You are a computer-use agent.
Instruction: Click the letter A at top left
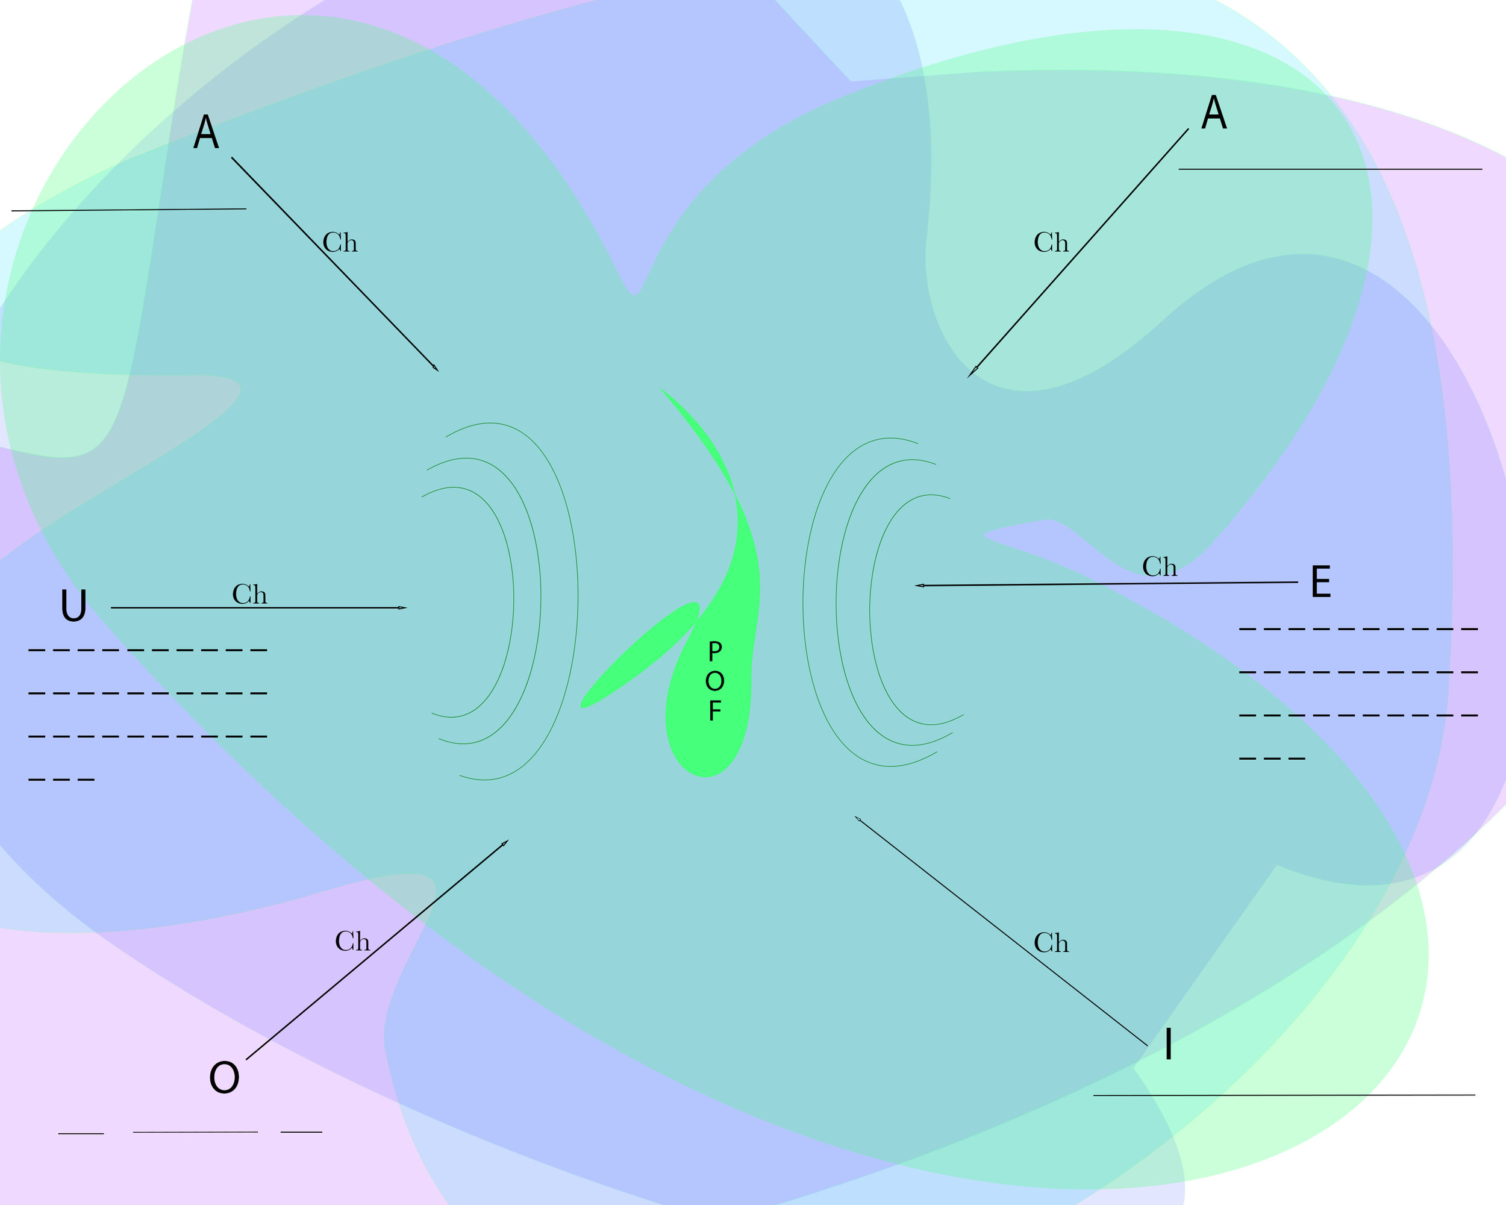(x=206, y=132)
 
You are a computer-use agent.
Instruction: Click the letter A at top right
(x=1214, y=113)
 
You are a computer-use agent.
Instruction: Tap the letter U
(x=74, y=606)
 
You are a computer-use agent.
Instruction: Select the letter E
(x=1321, y=582)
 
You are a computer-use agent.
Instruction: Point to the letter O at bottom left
(x=224, y=1077)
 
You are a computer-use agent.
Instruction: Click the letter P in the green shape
(x=714, y=652)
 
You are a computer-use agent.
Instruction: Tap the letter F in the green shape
(x=714, y=711)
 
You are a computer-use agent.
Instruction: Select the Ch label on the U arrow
(x=249, y=595)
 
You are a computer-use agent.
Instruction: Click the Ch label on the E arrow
(x=1160, y=566)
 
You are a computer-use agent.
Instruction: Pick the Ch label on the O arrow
(x=352, y=942)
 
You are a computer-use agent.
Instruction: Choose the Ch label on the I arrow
(x=1051, y=943)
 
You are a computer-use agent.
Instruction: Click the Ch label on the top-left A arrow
(x=340, y=242)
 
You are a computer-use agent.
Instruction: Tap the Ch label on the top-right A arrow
(x=1051, y=242)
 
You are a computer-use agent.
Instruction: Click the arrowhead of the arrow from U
(x=403, y=608)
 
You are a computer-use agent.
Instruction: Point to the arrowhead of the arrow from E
(x=919, y=586)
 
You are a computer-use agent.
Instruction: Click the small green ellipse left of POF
(x=640, y=654)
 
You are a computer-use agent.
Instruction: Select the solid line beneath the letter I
(x=1284, y=1095)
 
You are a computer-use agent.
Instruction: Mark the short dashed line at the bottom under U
(x=61, y=780)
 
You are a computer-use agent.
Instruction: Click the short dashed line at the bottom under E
(x=1272, y=759)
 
